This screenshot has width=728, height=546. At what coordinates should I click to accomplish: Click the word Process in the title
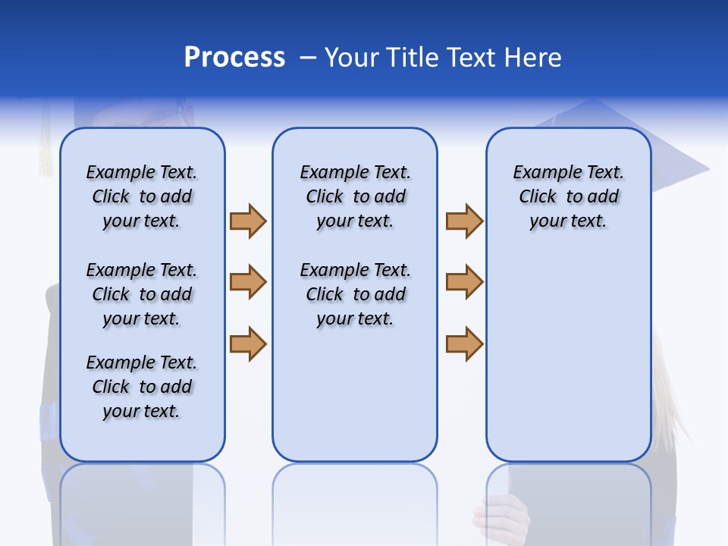click(234, 58)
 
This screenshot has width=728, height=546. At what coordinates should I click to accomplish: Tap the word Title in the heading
click(413, 58)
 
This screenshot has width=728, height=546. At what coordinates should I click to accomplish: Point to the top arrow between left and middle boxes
click(248, 221)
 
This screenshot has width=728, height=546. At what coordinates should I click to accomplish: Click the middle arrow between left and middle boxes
click(248, 283)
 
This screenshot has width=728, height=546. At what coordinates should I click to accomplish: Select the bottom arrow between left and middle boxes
click(248, 344)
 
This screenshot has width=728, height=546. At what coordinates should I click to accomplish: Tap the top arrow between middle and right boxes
click(464, 221)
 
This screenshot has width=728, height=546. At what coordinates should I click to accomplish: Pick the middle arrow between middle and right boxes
click(464, 283)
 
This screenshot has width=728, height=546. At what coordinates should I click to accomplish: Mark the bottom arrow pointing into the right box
click(464, 344)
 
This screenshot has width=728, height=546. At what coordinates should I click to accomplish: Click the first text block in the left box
click(142, 196)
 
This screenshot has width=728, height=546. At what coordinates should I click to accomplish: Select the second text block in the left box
click(142, 294)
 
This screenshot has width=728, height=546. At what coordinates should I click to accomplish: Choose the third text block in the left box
click(142, 387)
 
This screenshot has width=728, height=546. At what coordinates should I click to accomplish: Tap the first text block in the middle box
click(355, 196)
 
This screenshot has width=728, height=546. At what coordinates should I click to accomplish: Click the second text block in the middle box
click(355, 294)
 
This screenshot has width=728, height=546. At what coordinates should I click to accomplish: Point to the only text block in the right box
click(568, 196)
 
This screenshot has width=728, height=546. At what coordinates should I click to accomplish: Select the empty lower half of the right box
click(568, 364)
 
